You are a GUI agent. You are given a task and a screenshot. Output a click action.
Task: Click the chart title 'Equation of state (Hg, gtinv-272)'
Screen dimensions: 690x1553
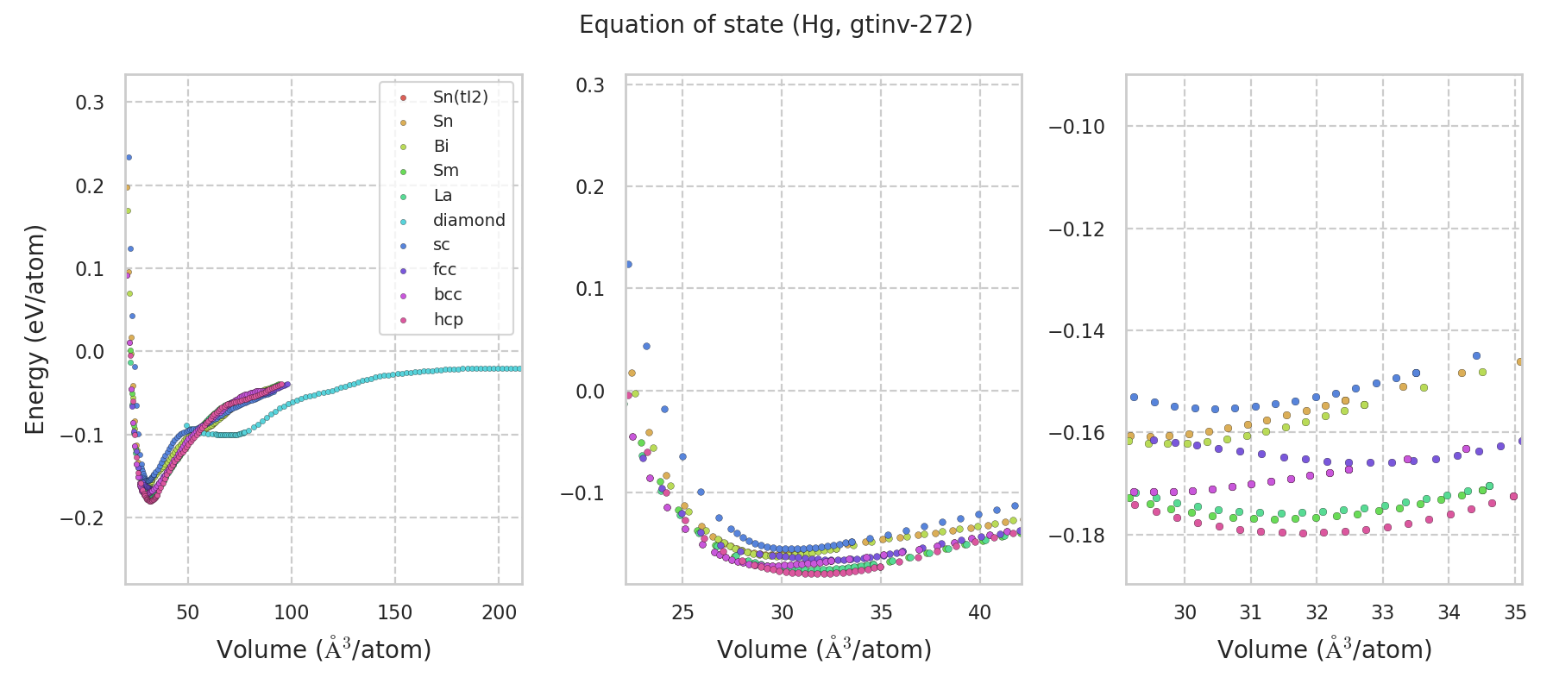coord(776,25)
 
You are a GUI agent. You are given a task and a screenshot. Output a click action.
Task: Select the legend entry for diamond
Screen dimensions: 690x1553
coord(468,221)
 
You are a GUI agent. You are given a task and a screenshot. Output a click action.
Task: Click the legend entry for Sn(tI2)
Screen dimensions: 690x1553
coord(460,97)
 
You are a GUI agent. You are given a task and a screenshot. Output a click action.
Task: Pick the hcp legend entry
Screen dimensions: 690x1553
coord(448,320)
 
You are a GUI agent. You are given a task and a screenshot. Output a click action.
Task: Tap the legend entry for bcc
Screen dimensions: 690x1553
coord(448,295)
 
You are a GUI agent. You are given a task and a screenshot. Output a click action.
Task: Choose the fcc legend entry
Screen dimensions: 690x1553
coord(444,270)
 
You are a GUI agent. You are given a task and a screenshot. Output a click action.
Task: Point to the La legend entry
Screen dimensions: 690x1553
coord(443,196)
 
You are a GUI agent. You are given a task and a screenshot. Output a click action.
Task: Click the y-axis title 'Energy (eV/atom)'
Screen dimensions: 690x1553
coord(35,329)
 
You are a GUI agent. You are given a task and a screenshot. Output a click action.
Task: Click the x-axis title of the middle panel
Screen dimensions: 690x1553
coord(824,649)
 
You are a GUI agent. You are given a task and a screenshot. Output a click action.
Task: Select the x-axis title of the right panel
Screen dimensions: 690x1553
coord(1324,649)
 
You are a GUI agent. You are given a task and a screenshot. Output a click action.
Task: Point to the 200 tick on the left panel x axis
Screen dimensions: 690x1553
coord(499,613)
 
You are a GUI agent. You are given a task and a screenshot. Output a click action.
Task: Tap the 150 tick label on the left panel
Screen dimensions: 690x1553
coord(395,613)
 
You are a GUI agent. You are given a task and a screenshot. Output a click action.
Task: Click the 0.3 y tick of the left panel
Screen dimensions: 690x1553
coord(90,103)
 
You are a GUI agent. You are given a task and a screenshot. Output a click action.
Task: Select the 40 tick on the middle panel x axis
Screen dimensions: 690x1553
coord(979,613)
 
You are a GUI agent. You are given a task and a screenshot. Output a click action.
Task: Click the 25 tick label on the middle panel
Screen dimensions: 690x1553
coord(682,613)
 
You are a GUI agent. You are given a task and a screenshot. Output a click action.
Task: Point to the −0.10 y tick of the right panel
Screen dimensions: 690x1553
coord(1076,127)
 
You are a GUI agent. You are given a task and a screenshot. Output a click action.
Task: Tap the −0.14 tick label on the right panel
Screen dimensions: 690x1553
coord(1076,331)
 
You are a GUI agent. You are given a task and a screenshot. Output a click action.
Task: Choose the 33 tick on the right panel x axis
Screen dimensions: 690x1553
coord(1383,613)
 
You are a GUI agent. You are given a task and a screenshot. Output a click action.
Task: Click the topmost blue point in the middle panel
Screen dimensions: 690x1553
coord(628,264)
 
